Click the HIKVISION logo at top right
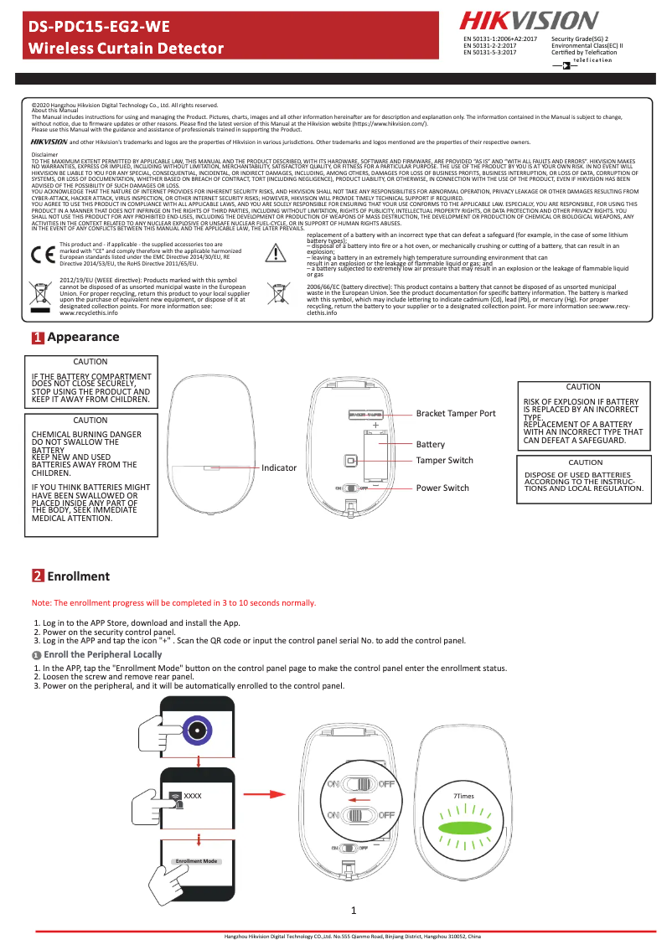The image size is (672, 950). click(527, 21)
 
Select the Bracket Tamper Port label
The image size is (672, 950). click(456, 414)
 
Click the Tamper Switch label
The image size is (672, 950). click(444, 461)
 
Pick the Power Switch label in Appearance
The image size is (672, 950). click(442, 488)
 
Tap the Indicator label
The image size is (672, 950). click(279, 467)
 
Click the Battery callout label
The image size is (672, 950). click(431, 444)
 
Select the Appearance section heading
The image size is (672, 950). click(83, 360)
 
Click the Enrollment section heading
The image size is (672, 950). click(78, 576)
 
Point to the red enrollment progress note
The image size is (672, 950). click(173, 602)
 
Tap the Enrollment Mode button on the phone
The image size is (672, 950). click(196, 861)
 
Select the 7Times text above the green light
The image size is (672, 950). click(463, 795)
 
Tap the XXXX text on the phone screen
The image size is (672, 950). click(193, 795)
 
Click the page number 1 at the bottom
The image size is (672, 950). click(354, 911)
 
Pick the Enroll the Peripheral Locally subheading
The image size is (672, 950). click(102, 654)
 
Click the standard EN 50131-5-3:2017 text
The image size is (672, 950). click(489, 53)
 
